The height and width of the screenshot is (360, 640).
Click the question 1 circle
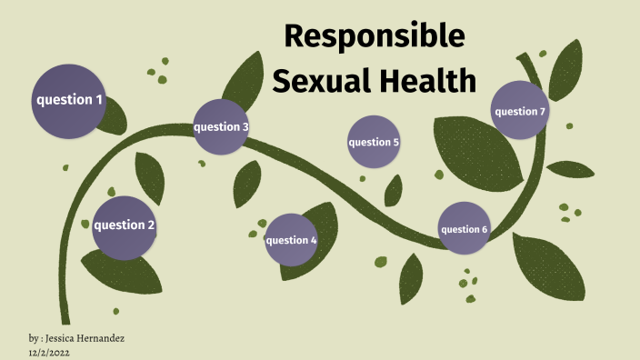[x=68, y=99]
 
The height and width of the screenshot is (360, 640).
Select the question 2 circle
[x=125, y=226]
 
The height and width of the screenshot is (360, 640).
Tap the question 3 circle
[x=221, y=126]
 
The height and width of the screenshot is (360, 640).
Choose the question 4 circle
[x=291, y=240]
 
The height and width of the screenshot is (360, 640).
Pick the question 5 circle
[x=374, y=142]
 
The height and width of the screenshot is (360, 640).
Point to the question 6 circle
[x=465, y=229]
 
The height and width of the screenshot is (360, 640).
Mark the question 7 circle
[x=519, y=111]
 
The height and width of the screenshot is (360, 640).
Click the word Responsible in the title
[x=374, y=35]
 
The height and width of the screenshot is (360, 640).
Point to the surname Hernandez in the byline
[x=105, y=338]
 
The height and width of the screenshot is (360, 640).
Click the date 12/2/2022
[x=51, y=352]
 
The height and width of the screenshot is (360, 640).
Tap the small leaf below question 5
[x=394, y=190]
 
